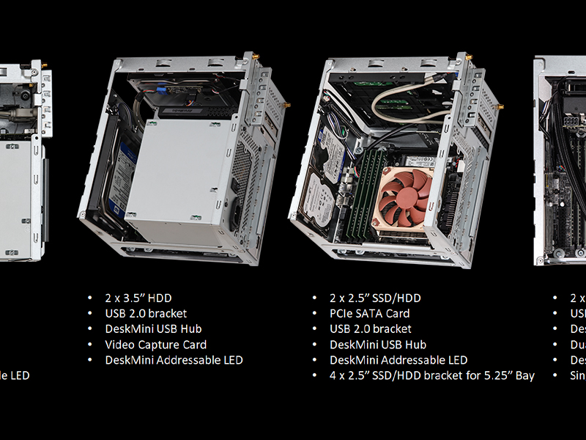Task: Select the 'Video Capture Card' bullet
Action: coord(155,345)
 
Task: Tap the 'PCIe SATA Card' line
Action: coord(369,314)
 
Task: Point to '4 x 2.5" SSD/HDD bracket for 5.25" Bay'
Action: coord(431,375)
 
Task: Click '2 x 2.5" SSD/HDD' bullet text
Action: coord(375,298)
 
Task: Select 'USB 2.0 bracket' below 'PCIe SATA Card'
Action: coord(371,329)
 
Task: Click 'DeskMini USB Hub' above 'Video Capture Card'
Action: coord(153,329)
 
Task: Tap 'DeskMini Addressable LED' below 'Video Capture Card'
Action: coord(174,360)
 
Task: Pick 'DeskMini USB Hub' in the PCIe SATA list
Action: coord(378,345)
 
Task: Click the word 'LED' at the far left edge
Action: coord(20,375)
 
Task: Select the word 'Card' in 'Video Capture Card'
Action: coord(194,345)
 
